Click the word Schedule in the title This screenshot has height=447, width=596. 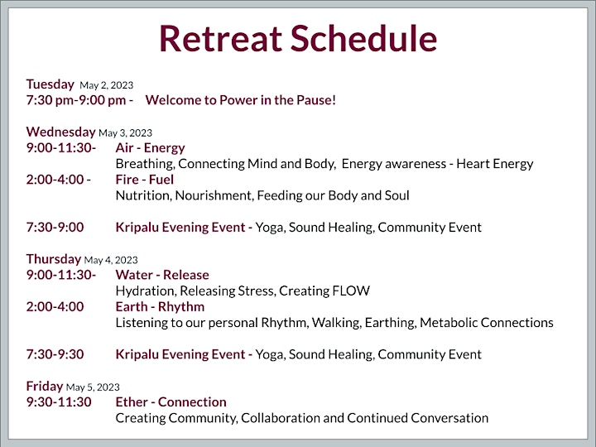[364, 38]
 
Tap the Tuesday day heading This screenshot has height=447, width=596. [50, 84]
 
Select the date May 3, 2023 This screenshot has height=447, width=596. [126, 133]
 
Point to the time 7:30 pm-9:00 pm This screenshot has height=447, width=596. [76, 100]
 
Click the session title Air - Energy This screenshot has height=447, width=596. [150, 148]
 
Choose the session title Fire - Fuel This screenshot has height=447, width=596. [144, 180]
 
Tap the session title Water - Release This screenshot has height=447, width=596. [162, 275]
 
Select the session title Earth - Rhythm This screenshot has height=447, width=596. [160, 307]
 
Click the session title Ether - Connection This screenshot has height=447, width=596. [171, 402]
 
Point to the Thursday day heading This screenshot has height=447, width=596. [54, 259]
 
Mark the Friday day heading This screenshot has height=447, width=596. [45, 387]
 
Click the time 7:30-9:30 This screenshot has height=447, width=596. [55, 354]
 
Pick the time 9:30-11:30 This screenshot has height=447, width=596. [59, 402]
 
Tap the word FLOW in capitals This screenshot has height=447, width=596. [351, 291]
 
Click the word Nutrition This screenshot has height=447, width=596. [144, 195]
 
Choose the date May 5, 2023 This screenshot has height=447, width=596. [93, 387]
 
